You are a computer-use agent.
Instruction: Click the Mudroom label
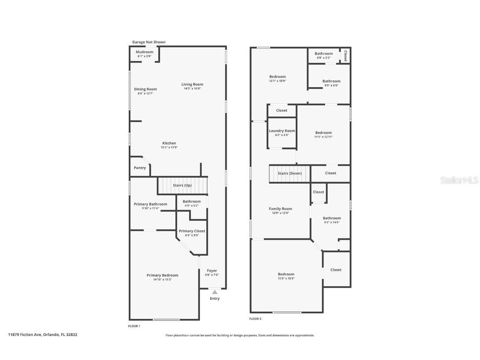145,52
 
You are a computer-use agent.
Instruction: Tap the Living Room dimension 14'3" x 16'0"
192,88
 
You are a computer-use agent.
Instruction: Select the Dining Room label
145,89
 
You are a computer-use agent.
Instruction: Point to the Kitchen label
169,143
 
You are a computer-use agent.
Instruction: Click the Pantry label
140,168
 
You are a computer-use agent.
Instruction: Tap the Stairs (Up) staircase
182,185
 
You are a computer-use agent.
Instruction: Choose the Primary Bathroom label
150,204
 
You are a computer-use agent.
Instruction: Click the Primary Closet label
192,231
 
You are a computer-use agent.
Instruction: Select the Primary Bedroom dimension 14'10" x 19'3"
162,280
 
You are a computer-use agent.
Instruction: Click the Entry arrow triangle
215,292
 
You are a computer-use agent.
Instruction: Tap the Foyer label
212,271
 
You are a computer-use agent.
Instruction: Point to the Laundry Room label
282,131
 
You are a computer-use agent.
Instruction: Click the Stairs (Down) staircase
290,173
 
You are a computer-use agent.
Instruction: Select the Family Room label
280,209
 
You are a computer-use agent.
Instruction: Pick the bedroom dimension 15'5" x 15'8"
286,278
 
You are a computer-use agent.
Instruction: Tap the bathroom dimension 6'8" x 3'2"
323,58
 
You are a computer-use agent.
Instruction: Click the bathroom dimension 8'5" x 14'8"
332,222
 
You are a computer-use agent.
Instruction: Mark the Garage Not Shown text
149,42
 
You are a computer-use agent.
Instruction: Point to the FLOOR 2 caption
255,319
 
